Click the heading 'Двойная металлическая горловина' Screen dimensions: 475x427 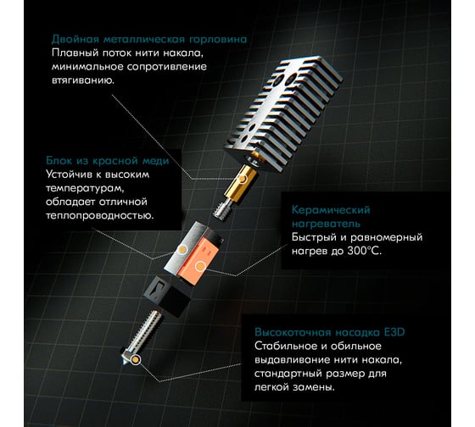click(149, 39)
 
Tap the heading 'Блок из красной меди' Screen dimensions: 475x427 click(108, 161)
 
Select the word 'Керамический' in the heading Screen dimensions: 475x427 click(331, 210)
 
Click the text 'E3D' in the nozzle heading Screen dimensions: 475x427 click(394, 332)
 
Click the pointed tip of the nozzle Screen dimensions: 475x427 click(124, 363)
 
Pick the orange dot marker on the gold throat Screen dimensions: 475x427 click(243, 179)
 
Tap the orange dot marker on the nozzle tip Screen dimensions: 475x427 click(136, 360)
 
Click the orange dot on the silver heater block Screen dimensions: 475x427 click(182, 250)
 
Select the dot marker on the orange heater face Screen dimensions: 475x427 click(200, 267)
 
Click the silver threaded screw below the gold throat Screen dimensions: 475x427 click(223, 208)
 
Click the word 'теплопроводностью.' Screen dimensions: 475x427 click(100, 215)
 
